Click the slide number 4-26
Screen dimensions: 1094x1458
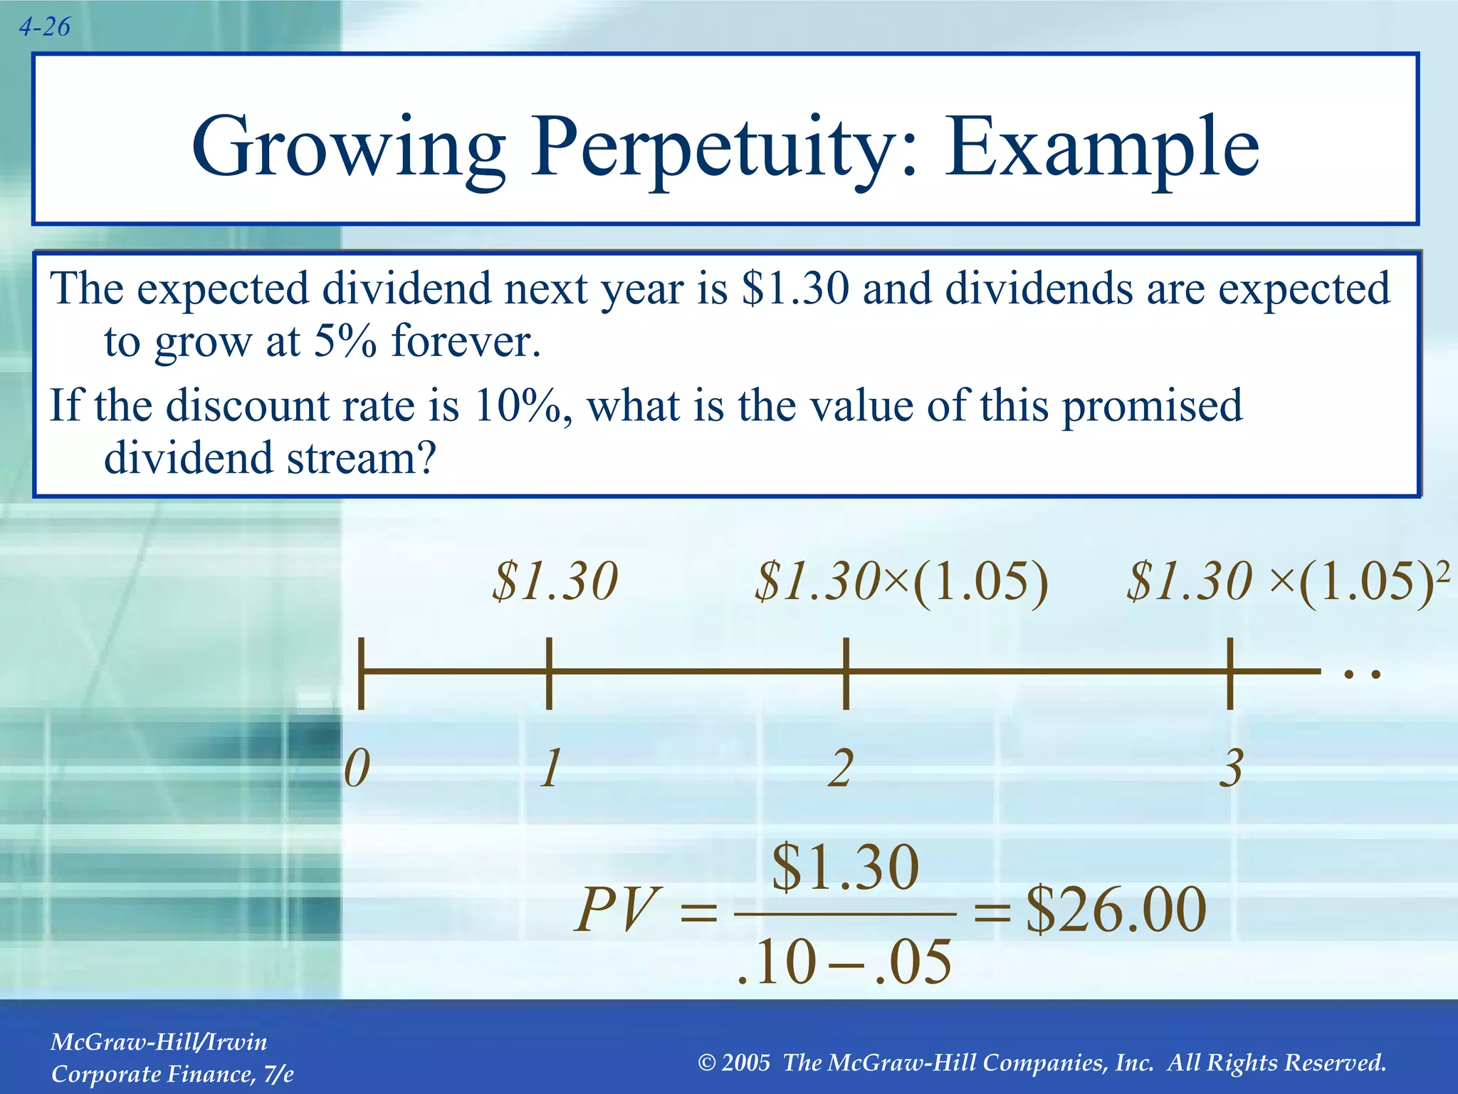point(44,27)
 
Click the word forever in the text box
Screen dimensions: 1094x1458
point(466,342)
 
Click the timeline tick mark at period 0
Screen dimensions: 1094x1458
point(362,672)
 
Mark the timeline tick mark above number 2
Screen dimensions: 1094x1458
point(846,672)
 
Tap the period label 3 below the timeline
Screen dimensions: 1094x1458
point(1230,769)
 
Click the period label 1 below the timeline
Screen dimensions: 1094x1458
point(550,769)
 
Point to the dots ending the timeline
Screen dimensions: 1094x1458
point(1361,674)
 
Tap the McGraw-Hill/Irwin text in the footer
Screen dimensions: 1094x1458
point(159,1043)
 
